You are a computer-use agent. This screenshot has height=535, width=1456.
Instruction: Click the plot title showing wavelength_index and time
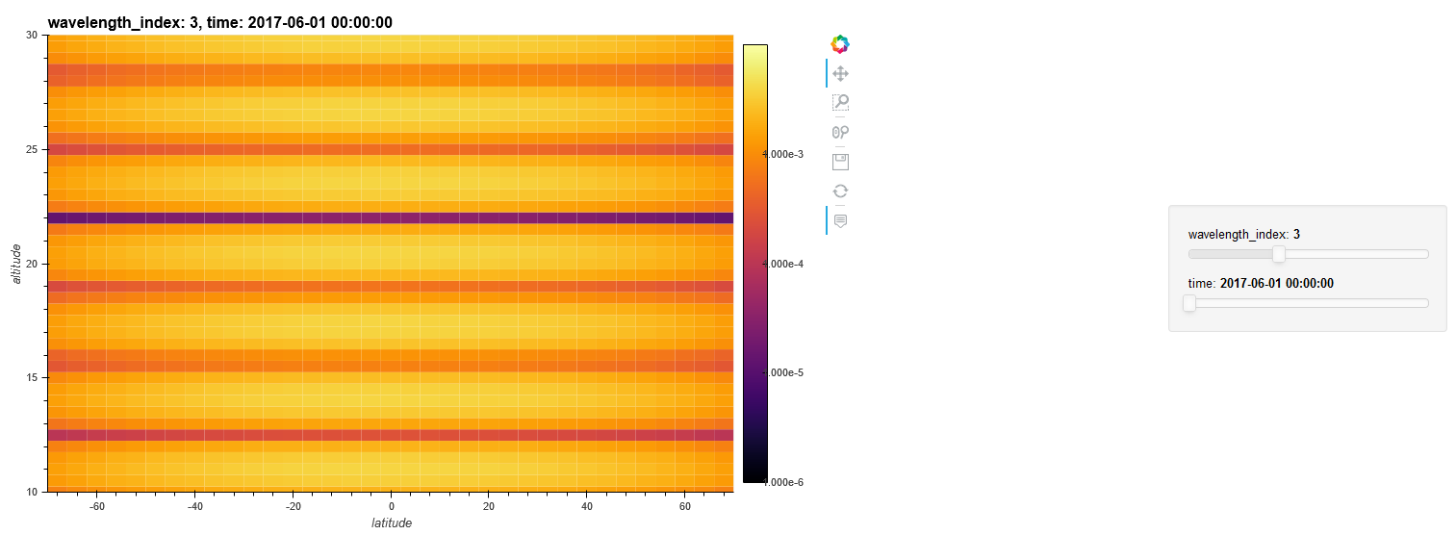[x=219, y=23]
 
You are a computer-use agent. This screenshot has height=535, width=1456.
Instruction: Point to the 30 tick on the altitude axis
[x=31, y=36]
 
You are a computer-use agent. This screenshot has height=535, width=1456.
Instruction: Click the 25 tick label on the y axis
[x=31, y=150]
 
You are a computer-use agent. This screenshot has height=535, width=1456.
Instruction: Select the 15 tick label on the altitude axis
[x=31, y=378]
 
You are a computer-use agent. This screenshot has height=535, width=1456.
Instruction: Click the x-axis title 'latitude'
[x=391, y=523]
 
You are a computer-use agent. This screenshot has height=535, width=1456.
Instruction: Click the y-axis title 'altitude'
[x=14, y=263]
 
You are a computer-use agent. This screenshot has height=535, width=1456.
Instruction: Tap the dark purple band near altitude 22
[x=391, y=218]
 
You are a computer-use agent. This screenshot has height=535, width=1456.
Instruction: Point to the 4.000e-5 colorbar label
[x=783, y=372]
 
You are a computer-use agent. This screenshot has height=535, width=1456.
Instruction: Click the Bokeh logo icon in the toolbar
[x=840, y=43]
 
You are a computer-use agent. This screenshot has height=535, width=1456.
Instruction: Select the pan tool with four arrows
[x=840, y=73]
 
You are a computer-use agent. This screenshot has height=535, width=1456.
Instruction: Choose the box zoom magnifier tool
[x=840, y=102]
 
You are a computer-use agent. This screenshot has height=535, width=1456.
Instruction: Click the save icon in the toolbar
[x=840, y=162]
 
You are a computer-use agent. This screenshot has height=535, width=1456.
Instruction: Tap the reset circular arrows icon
[x=840, y=191]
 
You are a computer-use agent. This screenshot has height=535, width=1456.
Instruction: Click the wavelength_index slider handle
[x=1278, y=254]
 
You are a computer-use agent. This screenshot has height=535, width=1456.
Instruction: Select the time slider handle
[x=1189, y=303]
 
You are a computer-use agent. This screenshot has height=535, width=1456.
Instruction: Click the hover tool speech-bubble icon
[x=840, y=220]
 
